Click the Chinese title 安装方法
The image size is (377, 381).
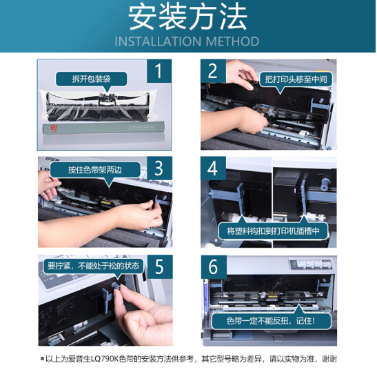pyautogui.click(x=187, y=17)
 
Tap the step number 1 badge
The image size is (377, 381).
pyautogui.click(x=159, y=71)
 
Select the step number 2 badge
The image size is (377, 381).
pyautogui.click(x=213, y=71)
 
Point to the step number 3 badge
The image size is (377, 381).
pyautogui.click(x=159, y=168)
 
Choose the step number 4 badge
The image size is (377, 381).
pyautogui.click(x=213, y=168)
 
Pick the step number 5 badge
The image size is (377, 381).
pyautogui.click(x=160, y=266)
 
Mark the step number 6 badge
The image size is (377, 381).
pyautogui.click(x=214, y=267)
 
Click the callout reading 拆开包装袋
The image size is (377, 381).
pyautogui.click(x=91, y=79)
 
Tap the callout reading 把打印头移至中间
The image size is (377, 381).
pyautogui.click(x=296, y=79)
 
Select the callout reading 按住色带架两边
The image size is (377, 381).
pyautogui.click(x=95, y=170)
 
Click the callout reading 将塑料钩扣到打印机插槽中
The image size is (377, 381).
pyautogui.click(x=273, y=231)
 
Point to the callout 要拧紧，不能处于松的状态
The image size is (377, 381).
pyautogui.click(x=94, y=266)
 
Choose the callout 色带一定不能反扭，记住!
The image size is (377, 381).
pyautogui.click(x=271, y=321)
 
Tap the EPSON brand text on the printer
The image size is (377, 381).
pyautogui.click(x=52, y=159)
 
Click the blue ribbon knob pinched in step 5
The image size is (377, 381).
pyautogui.click(x=116, y=286)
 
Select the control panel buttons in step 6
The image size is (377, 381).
pyautogui.click(x=310, y=264)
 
